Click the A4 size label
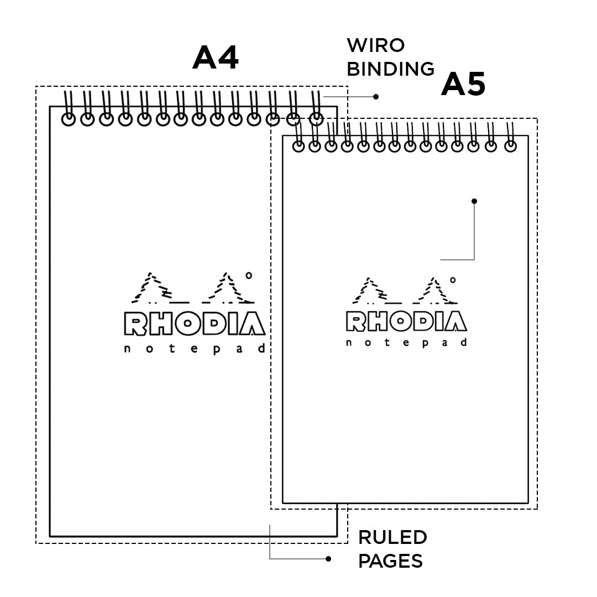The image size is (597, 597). tap(216, 57)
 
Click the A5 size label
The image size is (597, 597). tap(463, 85)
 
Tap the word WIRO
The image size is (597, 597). tap(375, 45)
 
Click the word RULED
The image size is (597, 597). tap(392, 537)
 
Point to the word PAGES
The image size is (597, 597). tap(390, 561)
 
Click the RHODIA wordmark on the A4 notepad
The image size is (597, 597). tap(194, 324)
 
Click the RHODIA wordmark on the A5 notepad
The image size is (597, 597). tap(406, 322)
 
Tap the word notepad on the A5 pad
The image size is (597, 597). tap(406, 343)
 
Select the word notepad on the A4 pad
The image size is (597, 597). tap(194, 348)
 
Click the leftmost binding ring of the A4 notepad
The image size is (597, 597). tap(69, 119)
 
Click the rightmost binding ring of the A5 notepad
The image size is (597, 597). tap(510, 146)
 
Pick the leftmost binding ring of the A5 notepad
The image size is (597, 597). tap(298, 146)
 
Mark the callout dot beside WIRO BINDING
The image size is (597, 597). tap(376, 97)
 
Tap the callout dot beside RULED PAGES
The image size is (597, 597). tap(328, 559)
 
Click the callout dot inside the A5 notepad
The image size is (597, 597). tap(474, 201)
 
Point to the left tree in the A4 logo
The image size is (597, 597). tap(150, 289)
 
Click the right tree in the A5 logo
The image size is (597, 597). tap(437, 292)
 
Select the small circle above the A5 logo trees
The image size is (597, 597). tap(453, 280)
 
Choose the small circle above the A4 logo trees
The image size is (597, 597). tap(249, 275)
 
